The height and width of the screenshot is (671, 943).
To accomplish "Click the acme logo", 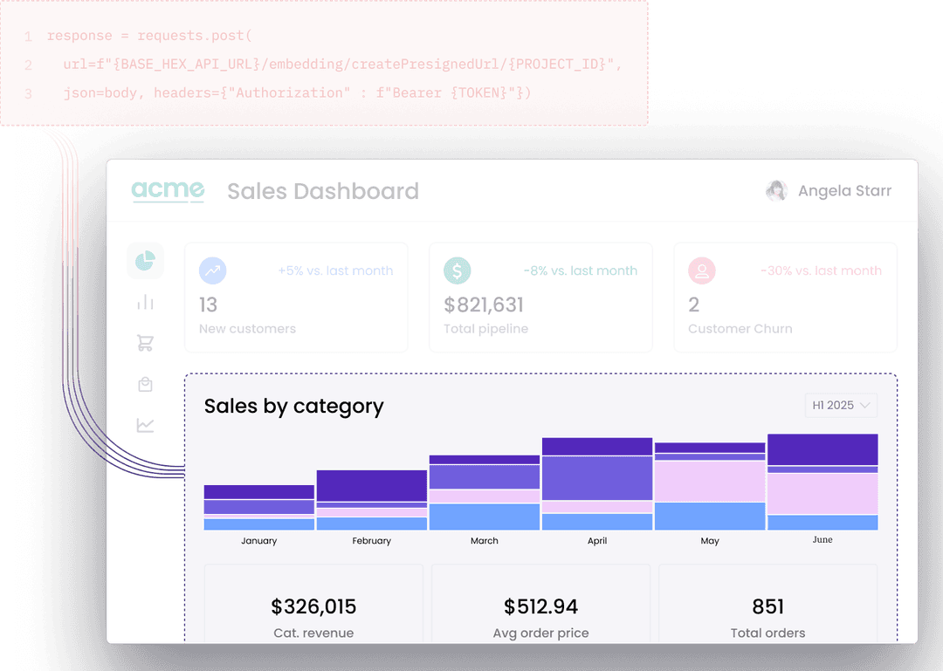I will (168, 191).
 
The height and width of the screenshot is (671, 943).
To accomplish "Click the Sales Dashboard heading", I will (323, 191).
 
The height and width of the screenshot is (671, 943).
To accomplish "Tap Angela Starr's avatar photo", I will (776, 191).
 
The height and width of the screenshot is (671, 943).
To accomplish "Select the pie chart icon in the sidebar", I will (145, 261).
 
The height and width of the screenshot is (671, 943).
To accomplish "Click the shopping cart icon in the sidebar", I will (145, 343).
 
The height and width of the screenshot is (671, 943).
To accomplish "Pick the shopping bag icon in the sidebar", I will (145, 384).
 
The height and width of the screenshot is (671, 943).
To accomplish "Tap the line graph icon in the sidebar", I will (145, 425).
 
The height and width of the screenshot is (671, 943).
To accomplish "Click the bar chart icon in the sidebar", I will (145, 302).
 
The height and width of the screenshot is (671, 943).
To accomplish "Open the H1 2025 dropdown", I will (841, 405).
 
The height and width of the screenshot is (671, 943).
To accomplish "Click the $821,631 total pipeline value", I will (484, 305).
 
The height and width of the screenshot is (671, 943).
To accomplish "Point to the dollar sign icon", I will (457, 270).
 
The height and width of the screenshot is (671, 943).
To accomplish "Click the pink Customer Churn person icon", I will (701, 270).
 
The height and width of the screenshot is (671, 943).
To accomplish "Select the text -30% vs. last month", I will (821, 270).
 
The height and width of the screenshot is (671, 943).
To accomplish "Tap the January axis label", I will (258, 541).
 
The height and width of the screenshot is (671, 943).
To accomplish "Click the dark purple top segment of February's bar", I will (371, 485).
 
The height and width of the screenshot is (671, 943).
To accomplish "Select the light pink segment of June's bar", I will (823, 493).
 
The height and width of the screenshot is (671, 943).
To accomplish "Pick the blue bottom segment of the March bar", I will (484, 517).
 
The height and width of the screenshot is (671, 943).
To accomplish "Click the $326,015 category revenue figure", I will (313, 606).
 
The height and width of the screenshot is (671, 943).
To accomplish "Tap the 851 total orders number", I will (767, 606).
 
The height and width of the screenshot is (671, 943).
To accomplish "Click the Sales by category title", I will (293, 407).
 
